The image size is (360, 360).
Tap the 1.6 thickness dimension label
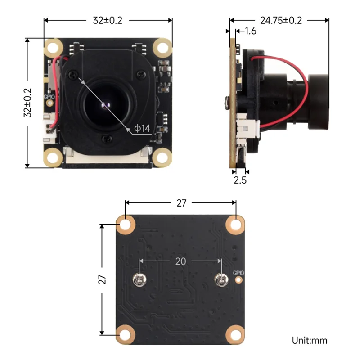[251, 31]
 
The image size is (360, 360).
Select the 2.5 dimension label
[239, 180]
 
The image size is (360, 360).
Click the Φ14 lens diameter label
[142, 129]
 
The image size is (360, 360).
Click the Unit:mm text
[310, 341]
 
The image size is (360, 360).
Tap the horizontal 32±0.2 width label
[108, 20]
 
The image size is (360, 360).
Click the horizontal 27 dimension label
[181, 203]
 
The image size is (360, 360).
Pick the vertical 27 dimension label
[103, 279]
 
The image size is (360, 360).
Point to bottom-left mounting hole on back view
[126, 333]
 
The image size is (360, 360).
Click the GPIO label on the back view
[238, 273]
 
